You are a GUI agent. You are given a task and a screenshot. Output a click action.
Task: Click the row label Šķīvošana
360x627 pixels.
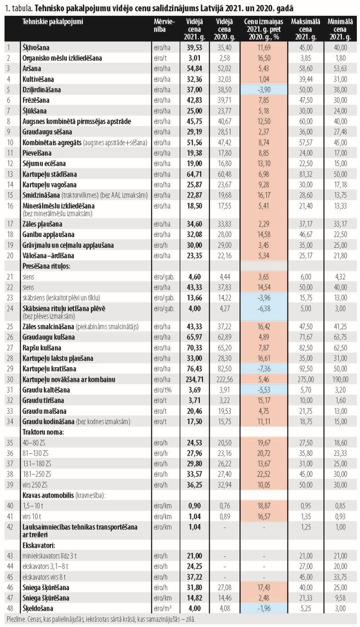coord(36,48)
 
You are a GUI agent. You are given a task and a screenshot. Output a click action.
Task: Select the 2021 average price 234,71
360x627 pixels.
coord(194,380)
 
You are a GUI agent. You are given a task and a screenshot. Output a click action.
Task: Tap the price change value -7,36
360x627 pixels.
coord(264,369)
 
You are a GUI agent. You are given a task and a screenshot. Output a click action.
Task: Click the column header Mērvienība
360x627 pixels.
coord(164,26)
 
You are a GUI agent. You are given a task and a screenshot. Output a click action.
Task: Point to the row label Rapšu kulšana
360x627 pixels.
coord(42,348)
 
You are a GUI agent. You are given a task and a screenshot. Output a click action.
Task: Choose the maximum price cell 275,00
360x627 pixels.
coord(306,380)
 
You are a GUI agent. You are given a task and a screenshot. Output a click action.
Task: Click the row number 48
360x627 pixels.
coord(10,608)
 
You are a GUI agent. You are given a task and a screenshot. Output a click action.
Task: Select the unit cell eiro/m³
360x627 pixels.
coord(162,608)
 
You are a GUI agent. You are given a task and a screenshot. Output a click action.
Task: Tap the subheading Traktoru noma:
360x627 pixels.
coord(43,432)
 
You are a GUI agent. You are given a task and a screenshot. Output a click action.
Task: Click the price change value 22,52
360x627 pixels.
coord(264,474)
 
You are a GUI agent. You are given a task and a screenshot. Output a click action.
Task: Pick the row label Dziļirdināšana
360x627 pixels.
coord(41,90)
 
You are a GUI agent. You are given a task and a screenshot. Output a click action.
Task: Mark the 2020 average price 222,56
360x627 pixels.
coord(225,380)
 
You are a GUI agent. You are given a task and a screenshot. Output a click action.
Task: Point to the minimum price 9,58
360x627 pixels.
coord(340,598)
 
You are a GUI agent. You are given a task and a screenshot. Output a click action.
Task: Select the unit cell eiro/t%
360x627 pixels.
coord(162,390)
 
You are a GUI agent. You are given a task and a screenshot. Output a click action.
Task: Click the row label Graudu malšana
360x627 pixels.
coord(44,411)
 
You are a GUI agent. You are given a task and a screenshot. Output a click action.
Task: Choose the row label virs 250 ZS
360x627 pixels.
coord(35,485)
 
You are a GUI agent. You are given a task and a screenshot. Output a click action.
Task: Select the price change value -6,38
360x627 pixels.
coord(264,309)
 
